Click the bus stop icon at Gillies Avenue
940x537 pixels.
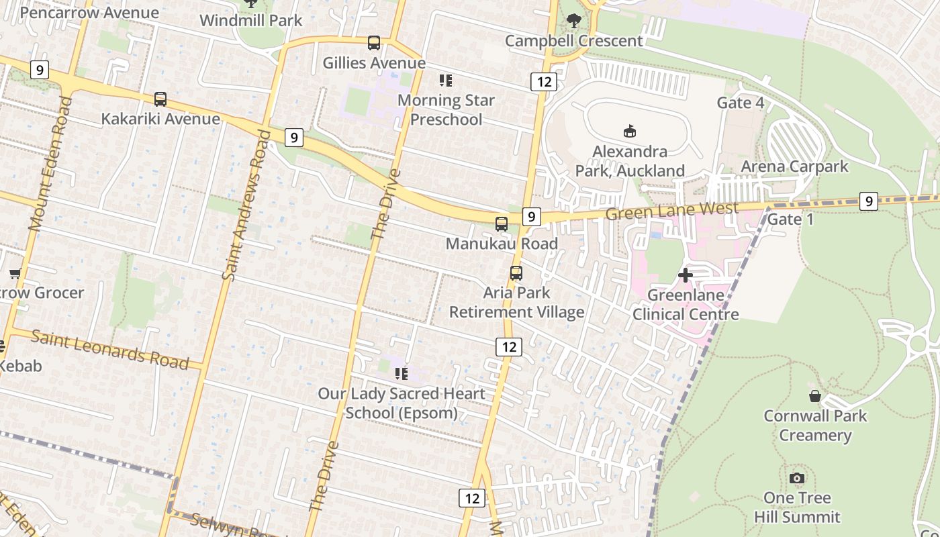pos(374,43)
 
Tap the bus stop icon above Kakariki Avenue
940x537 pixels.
pos(160,99)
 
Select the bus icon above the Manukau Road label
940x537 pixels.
pos(502,224)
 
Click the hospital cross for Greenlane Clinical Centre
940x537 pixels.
pos(686,275)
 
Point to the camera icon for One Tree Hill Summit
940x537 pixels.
pos(797,478)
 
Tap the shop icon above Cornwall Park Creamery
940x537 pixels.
pos(815,396)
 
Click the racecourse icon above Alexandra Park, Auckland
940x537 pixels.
pos(630,131)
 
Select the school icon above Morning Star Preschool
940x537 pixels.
pos(446,81)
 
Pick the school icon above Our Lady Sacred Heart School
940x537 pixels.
pos(402,374)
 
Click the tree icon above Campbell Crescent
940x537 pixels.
pos(573,21)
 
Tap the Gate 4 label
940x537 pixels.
pos(741,103)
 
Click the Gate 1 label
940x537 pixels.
pos(790,219)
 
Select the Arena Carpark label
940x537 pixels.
pos(794,166)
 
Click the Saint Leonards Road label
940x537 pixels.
pos(109,350)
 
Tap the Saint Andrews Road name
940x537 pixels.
pos(245,205)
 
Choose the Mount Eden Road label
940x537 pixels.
pos(50,164)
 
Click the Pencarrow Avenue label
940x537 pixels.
pos(89,12)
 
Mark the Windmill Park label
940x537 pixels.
pos(251,20)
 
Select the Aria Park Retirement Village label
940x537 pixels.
pos(516,303)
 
